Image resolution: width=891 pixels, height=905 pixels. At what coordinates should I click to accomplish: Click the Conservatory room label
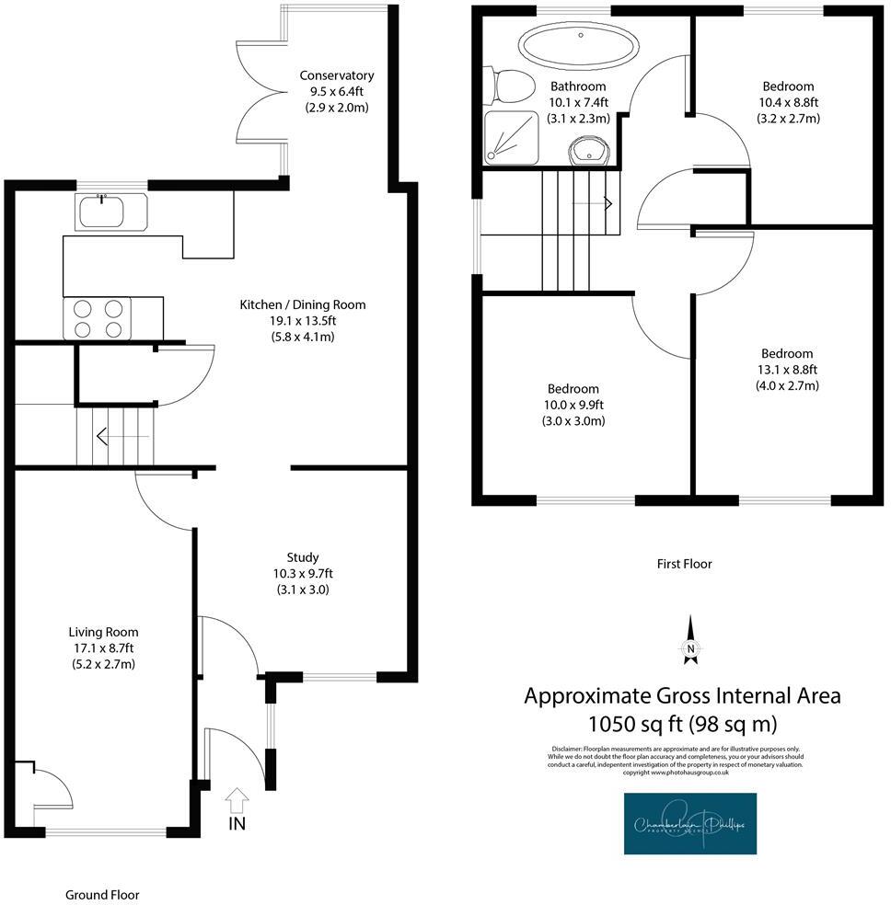337,75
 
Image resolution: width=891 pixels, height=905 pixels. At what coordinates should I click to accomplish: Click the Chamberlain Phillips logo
689,823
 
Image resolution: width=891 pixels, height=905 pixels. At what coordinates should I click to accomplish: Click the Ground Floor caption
101,894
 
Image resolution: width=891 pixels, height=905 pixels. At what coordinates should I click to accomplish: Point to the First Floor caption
684,564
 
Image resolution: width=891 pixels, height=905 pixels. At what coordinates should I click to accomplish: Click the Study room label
303,557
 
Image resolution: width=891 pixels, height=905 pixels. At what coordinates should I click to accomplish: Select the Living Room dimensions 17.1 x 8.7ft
103,648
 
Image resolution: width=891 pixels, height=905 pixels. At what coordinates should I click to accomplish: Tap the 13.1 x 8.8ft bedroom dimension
786,370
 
